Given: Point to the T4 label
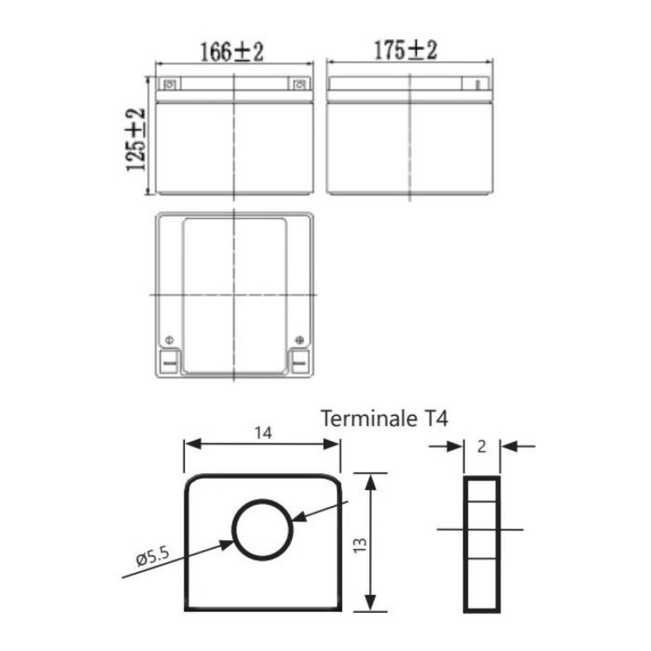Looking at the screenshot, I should click(434, 418).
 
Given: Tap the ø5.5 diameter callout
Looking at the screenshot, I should click(151, 558).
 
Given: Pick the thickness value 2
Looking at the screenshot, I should click(481, 446).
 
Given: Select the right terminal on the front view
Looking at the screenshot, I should click(299, 86).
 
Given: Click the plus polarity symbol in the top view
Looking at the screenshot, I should click(299, 339).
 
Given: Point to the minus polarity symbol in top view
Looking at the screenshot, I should click(168, 339).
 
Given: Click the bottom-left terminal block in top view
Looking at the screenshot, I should click(168, 361).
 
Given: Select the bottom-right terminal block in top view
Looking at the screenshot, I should click(299, 361).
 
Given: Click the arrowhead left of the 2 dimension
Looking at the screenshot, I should click(457, 446).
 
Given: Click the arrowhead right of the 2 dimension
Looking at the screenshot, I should click(507, 446).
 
